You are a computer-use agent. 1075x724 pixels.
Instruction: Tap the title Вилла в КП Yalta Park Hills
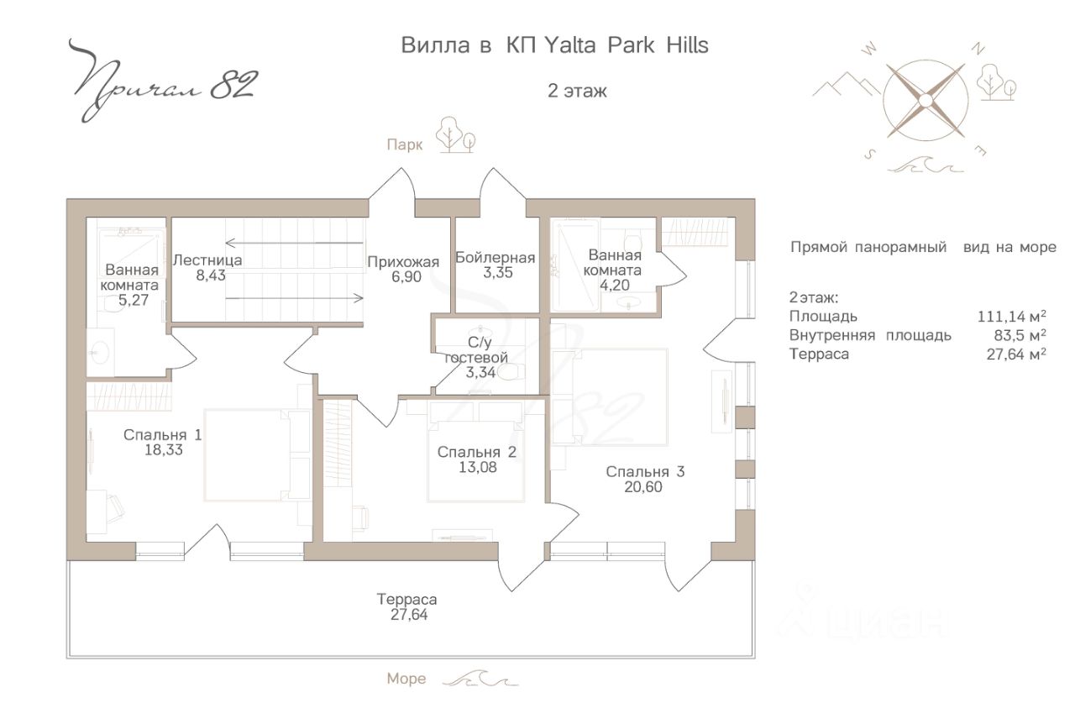pos(554,45)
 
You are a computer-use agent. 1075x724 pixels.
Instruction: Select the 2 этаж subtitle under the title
pos(577,91)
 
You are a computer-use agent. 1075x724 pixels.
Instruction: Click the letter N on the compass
pos(978,49)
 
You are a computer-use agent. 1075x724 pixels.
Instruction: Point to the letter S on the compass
pos(869,154)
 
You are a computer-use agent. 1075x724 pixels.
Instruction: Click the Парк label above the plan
pos(405,144)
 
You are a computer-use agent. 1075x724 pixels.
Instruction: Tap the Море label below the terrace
pos(406,679)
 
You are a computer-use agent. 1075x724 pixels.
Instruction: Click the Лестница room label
pos(207,260)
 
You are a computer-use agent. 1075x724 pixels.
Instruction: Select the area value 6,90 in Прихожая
pos(406,277)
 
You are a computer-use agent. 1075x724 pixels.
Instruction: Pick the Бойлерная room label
pos(495,258)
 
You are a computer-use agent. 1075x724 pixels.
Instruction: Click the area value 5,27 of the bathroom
pos(134,300)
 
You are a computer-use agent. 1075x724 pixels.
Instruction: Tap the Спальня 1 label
pos(163,434)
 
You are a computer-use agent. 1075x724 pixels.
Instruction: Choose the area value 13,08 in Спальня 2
pos(477,467)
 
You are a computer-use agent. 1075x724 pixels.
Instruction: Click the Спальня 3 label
pos(645,471)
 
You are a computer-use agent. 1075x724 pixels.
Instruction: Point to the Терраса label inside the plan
pos(407,599)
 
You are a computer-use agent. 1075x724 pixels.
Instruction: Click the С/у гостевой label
pos(476,350)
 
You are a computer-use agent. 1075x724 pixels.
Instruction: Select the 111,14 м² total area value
pos(1012,317)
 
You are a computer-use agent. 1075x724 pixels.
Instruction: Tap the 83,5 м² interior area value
pos(1020,335)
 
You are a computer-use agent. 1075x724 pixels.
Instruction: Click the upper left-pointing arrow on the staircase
pos(294,243)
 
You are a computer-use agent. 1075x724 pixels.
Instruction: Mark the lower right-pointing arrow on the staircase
pos(294,298)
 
